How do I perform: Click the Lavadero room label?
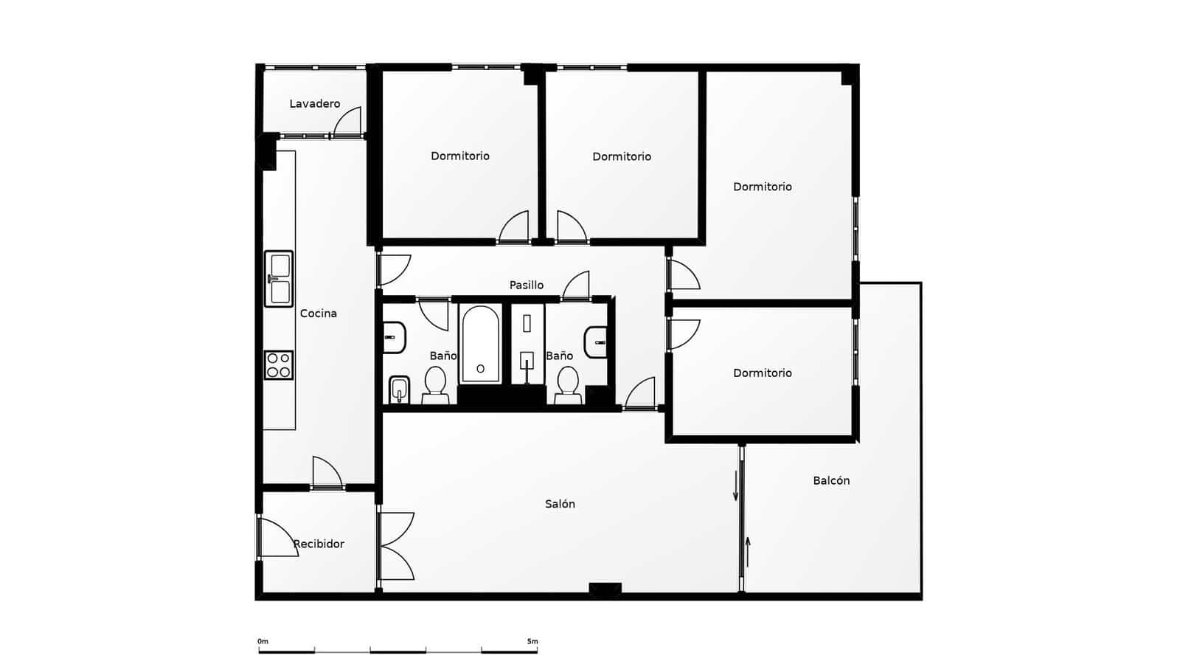314,104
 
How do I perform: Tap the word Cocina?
318,314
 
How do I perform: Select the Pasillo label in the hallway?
526,285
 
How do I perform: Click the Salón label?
560,504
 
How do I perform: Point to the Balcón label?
831,480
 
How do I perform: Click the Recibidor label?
319,544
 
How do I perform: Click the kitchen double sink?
279,279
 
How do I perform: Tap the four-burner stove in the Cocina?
279,365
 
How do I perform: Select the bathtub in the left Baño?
480,345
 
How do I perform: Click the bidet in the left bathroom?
399,390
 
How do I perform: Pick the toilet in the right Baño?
567,386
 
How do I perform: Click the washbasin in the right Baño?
596,342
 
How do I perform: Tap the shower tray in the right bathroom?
527,345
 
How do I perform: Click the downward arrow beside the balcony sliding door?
735,488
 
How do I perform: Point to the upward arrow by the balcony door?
748,551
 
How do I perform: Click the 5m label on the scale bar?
532,642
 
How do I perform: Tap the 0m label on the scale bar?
263,642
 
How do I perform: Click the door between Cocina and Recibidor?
327,473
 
